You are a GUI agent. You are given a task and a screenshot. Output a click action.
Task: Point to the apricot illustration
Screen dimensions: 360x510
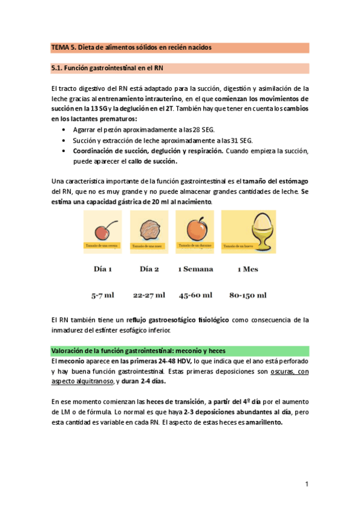point(195,229)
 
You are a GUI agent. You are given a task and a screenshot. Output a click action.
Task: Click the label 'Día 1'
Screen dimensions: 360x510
point(103,269)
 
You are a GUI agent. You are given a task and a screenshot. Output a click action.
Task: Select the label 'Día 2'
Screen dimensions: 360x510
point(149,269)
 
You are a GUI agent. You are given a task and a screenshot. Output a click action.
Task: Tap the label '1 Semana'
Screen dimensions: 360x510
point(195,269)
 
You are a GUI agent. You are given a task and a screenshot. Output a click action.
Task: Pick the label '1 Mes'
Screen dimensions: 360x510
point(248,269)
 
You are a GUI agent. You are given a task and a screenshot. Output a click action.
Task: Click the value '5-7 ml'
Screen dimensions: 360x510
point(103,295)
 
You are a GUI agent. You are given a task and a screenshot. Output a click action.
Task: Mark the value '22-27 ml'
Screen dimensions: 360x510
point(149,295)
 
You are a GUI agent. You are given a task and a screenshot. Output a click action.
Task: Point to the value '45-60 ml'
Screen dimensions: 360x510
point(195,295)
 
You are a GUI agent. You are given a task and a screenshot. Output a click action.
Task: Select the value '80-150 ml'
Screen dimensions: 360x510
point(248,295)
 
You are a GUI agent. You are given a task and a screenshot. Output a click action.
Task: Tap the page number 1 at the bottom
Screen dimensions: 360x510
point(306,484)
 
